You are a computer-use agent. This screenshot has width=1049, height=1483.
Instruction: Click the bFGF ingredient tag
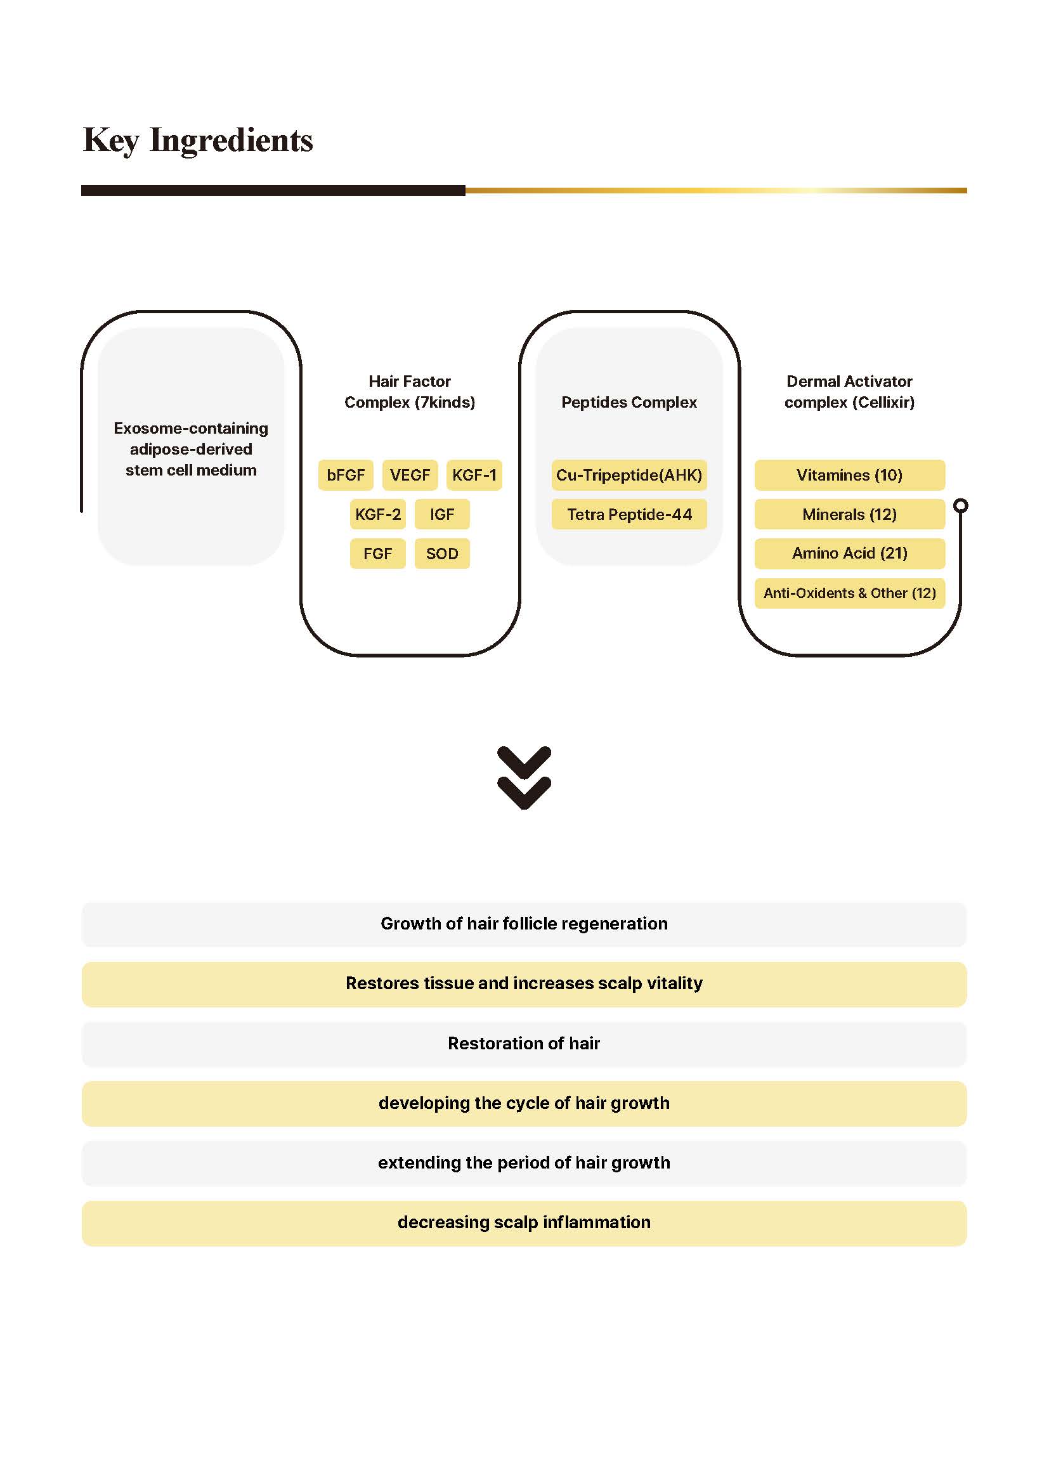pyautogui.click(x=346, y=475)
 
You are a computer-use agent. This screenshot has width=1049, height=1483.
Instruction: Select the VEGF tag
pyautogui.click(x=410, y=475)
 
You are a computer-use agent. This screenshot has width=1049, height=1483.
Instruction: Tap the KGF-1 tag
pyautogui.click(x=474, y=475)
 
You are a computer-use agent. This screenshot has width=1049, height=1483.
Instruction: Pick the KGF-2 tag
pyautogui.click(x=378, y=514)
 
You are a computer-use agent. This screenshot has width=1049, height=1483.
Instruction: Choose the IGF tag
pyautogui.click(x=442, y=514)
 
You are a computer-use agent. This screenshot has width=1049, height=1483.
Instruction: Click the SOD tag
pyautogui.click(x=442, y=554)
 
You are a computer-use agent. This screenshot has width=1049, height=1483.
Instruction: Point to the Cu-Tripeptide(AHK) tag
pyautogui.click(x=629, y=475)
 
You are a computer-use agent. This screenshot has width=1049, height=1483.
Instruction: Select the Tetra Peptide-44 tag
pyautogui.click(x=629, y=514)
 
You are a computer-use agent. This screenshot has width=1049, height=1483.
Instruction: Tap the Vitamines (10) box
pyautogui.click(x=849, y=475)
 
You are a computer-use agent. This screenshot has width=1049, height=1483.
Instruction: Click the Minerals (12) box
pyautogui.click(x=849, y=514)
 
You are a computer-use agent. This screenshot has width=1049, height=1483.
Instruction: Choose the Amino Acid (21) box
pyautogui.click(x=849, y=554)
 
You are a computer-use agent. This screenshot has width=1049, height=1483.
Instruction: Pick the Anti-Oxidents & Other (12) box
pyautogui.click(x=849, y=593)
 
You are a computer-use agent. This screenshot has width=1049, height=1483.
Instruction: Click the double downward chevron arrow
pyautogui.click(x=524, y=778)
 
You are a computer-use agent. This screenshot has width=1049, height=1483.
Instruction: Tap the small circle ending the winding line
pyautogui.click(x=960, y=505)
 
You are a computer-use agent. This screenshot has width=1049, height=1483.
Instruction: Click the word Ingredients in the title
pyautogui.click(x=231, y=140)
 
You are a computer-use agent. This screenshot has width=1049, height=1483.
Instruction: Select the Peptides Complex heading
pyautogui.click(x=629, y=402)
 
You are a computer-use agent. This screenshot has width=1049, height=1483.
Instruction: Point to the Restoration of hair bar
pyautogui.click(x=524, y=1043)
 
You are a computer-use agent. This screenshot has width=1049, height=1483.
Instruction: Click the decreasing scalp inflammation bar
pyautogui.click(x=524, y=1222)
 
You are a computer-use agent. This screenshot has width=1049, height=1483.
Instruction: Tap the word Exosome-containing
pyautogui.click(x=190, y=428)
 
